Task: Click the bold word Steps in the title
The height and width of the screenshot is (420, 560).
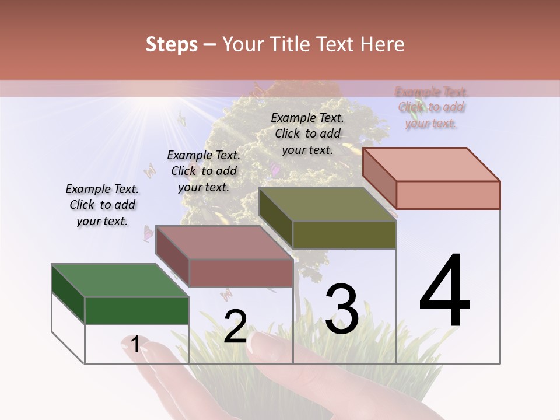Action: [171, 44]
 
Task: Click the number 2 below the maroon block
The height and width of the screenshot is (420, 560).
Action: [235, 327]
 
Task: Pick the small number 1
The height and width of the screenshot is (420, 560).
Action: [135, 345]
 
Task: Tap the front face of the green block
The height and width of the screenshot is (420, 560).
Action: [136, 310]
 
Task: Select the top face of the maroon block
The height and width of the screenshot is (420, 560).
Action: [224, 242]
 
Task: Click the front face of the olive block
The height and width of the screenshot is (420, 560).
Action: [344, 235]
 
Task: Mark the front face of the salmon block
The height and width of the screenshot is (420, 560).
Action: [448, 195]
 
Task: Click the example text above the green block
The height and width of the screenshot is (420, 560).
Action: [102, 205]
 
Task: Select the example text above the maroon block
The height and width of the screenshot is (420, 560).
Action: [204, 171]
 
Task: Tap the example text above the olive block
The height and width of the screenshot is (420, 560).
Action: [307, 134]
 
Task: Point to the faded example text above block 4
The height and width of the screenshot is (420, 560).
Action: [432, 107]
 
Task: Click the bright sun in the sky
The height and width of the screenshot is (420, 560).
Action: [156, 106]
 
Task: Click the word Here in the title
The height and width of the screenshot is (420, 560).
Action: [383, 44]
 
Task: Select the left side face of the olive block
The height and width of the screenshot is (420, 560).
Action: [275, 218]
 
